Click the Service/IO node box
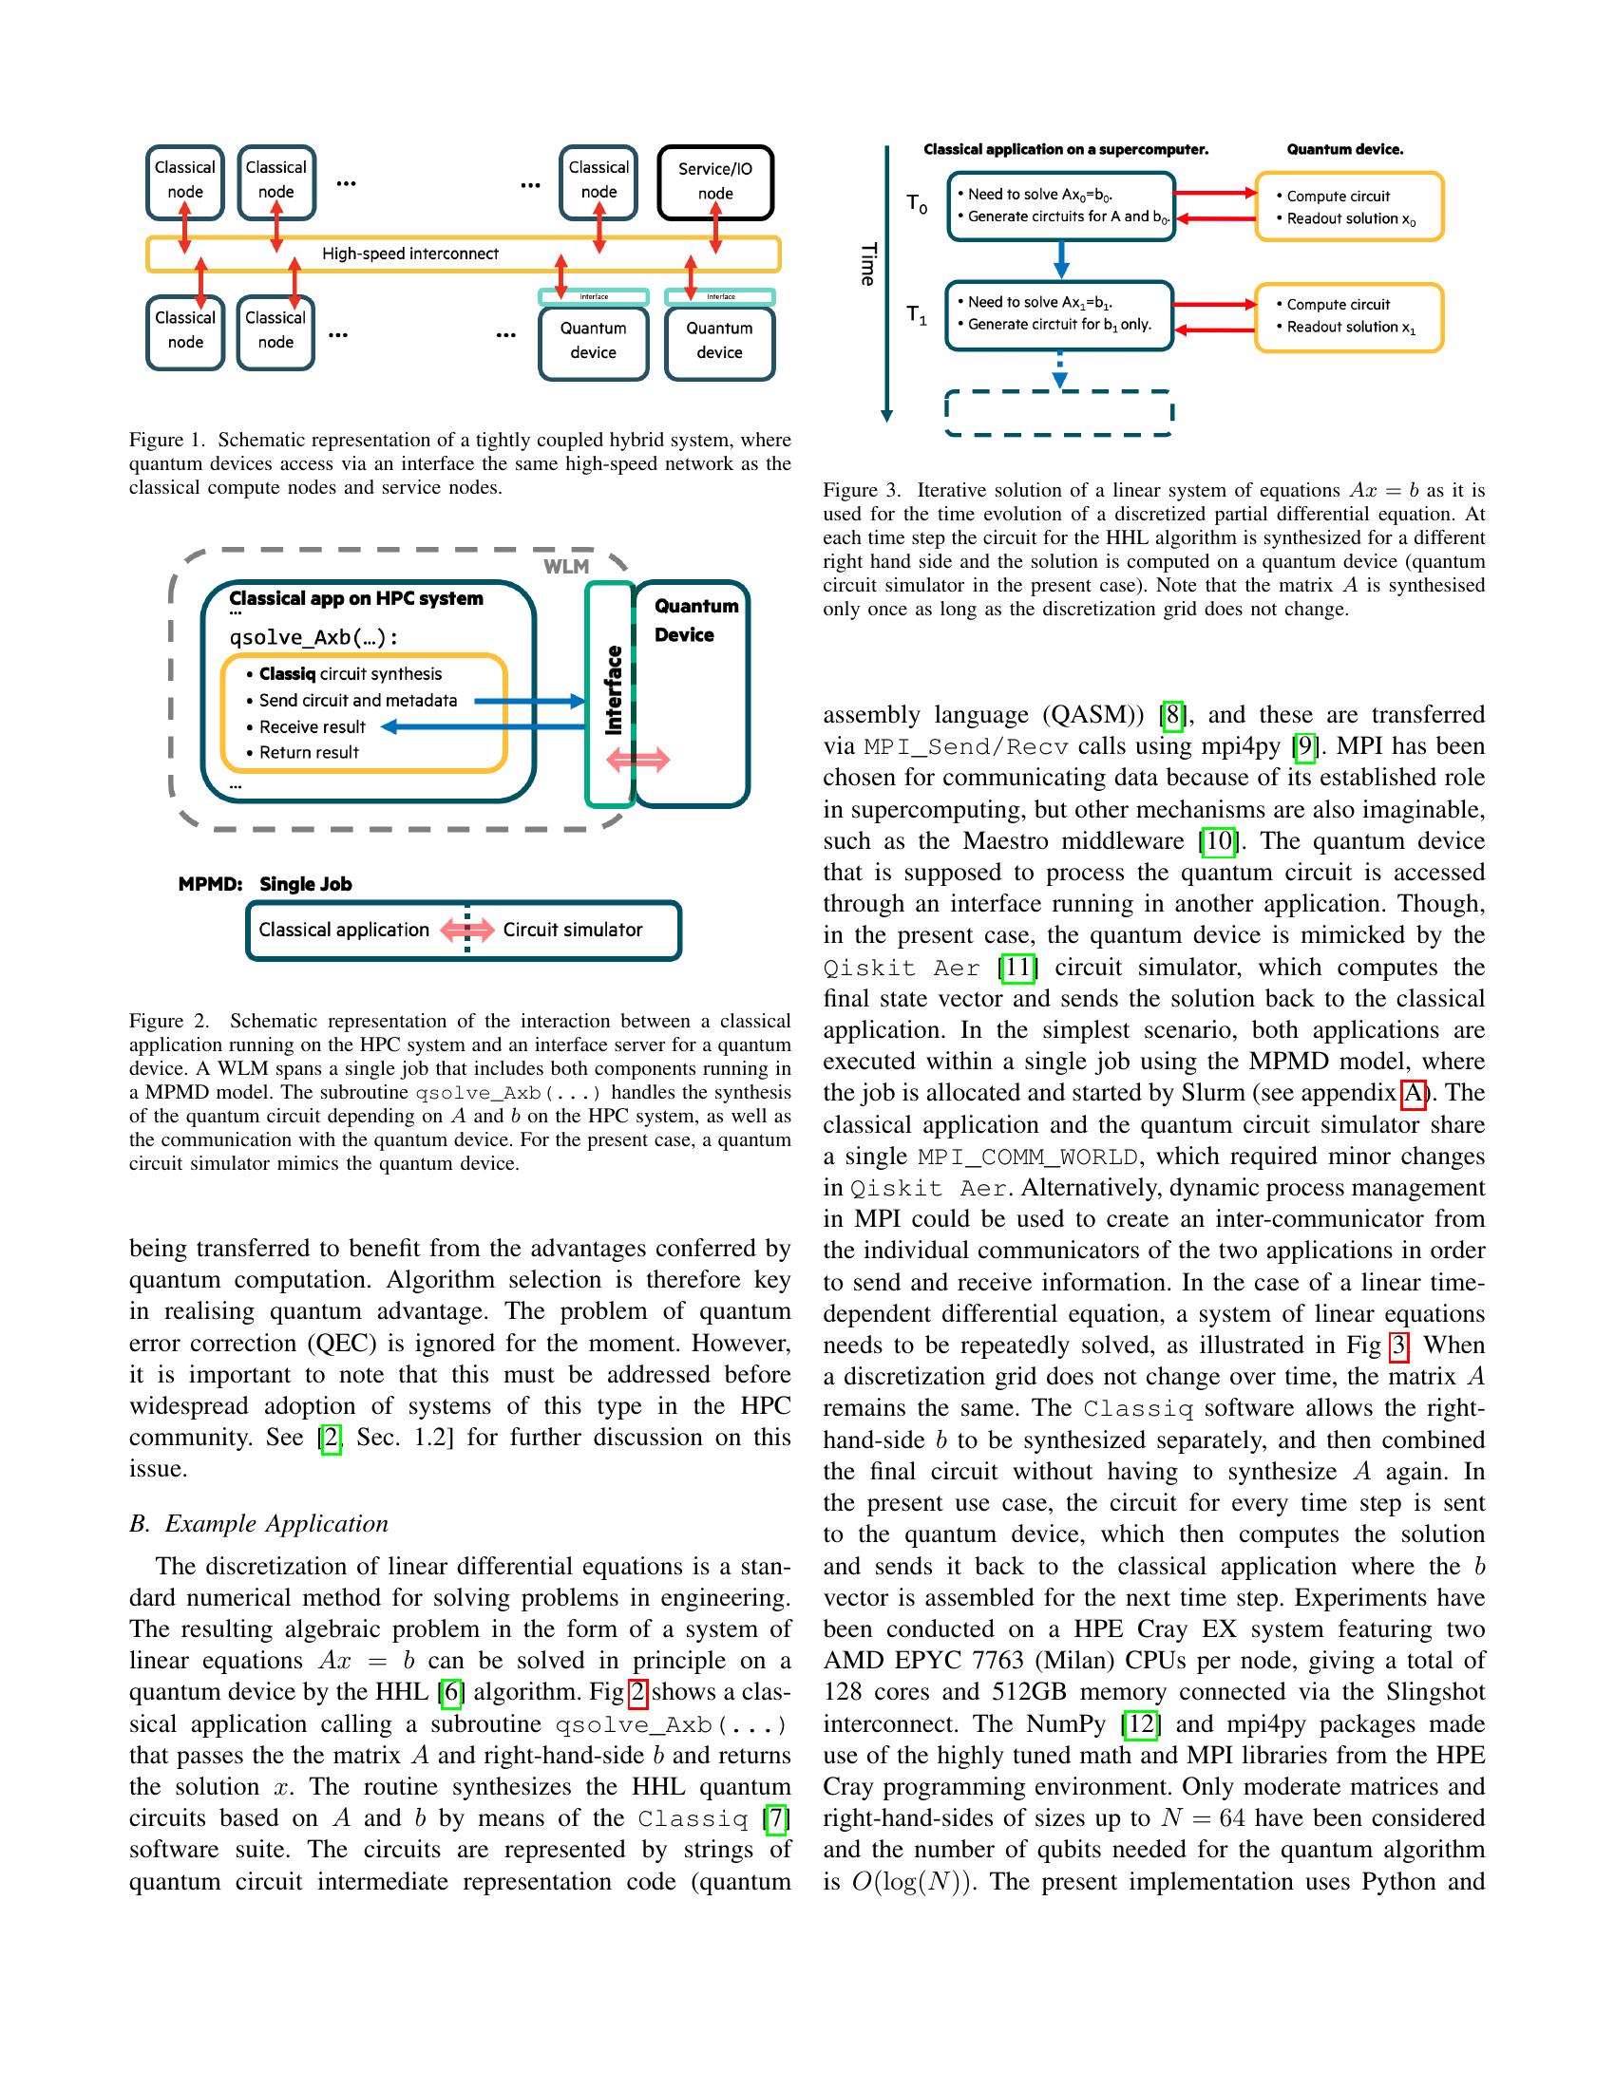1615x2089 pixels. coord(714,181)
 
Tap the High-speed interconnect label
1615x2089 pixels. coord(409,254)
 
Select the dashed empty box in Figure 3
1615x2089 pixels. coord(1058,413)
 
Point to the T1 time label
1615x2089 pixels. coord(916,314)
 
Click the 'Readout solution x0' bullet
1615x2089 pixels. coord(1349,219)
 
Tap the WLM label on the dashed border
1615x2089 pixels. coord(565,566)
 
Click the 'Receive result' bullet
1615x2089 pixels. coord(312,727)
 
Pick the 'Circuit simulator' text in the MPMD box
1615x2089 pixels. coord(572,930)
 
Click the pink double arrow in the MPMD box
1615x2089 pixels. coord(466,930)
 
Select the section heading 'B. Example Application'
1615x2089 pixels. coord(258,1523)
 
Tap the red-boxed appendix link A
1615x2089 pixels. coord(1412,1092)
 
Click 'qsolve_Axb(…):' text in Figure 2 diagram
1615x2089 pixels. coord(313,638)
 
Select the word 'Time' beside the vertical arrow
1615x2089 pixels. coord(867,264)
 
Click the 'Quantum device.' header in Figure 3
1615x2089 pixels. coord(1344,149)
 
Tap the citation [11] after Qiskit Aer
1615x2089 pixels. coord(1018,967)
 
